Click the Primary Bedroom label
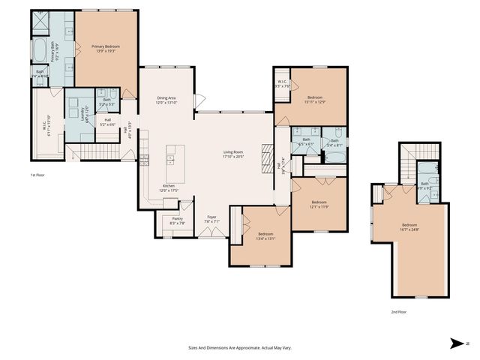pos(106,49)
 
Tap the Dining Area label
pos(166,100)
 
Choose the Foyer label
pos(211,219)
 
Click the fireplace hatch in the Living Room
pos(265,157)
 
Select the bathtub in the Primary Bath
pos(40,52)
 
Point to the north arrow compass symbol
pos(457,343)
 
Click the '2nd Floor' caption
pos(399,311)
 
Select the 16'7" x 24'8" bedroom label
pos(409,227)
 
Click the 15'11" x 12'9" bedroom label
pos(315,100)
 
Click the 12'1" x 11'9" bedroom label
pos(319,203)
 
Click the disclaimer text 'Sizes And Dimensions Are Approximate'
pos(240,348)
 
